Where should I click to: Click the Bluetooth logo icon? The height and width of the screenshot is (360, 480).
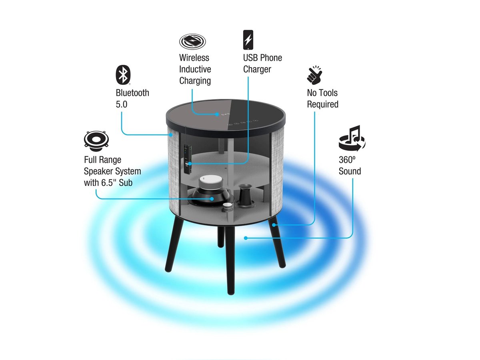click(123, 74)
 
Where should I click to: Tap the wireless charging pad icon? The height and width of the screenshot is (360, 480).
click(192, 41)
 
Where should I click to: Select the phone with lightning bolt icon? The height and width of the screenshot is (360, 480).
click(248, 40)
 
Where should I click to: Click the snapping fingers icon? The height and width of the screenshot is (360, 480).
click(314, 75)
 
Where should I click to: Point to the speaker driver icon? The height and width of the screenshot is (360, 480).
click(96, 141)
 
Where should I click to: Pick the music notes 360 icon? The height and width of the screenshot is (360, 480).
click(352, 138)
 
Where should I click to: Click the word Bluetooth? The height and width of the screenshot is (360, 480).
click(132, 93)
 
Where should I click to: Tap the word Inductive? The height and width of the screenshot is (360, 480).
click(195, 69)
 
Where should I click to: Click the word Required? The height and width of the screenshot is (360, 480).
click(322, 104)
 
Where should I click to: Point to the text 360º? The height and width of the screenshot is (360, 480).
click(347, 160)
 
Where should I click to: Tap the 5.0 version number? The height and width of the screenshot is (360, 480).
click(121, 104)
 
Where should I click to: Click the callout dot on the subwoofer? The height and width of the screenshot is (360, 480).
click(212, 198)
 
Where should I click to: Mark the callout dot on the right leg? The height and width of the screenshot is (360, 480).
click(274, 224)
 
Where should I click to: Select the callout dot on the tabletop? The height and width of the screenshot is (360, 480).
click(217, 114)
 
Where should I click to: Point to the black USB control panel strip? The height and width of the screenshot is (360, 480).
click(188, 159)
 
